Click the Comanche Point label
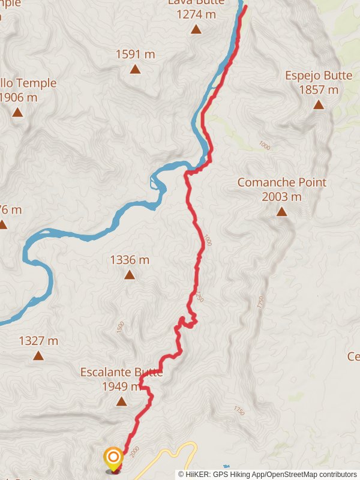click(x=281, y=182)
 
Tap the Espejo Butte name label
click(x=311, y=76)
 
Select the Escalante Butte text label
click(x=122, y=373)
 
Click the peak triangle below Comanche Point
click(x=281, y=211)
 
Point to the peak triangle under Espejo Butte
click(x=319, y=104)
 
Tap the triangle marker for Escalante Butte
click(x=121, y=401)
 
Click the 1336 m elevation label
click(x=130, y=260)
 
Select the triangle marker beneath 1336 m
click(x=129, y=275)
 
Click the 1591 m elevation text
click(x=136, y=55)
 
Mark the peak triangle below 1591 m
click(x=136, y=69)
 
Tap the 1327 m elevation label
click(x=38, y=341)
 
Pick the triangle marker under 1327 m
click(x=38, y=355)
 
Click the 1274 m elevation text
click(x=196, y=14)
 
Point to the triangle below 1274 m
click(x=196, y=28)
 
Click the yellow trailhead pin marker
click(x=113, y=458)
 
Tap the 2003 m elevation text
click(x=281, y=196)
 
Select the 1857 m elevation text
click(x=319, y=90)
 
